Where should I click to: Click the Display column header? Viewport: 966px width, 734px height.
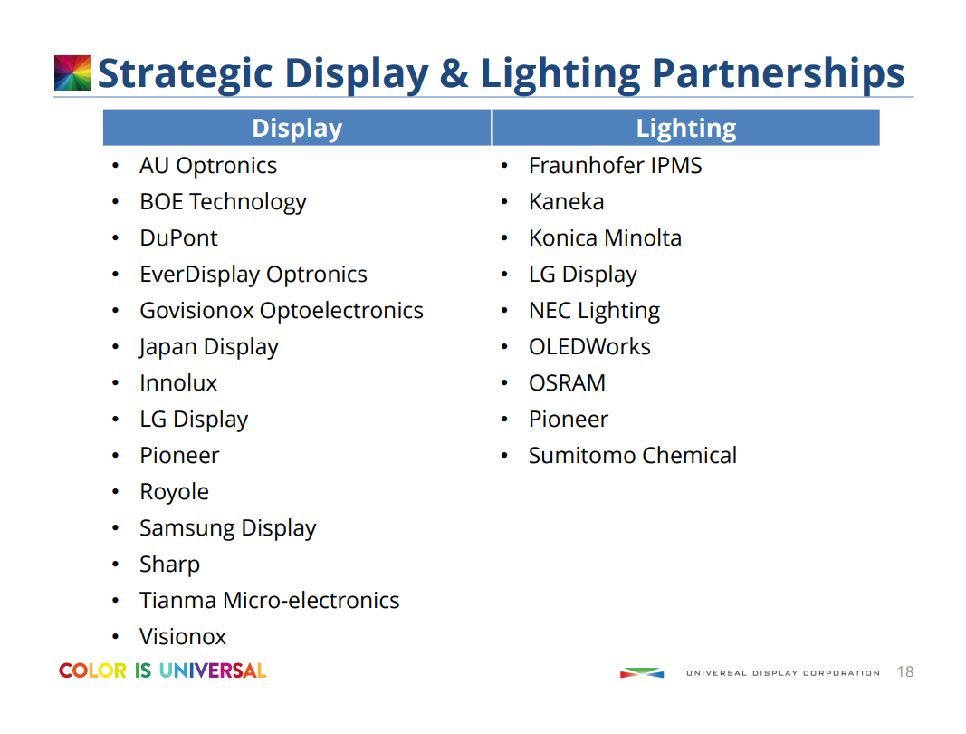tap(297, 128)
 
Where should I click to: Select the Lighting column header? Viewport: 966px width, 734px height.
tap(685, 128)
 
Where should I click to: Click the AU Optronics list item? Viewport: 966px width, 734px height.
tap(208, 166)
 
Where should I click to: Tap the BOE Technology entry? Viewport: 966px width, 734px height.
tap(223, 202)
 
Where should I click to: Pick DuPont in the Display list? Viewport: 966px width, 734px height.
tap(178, 238)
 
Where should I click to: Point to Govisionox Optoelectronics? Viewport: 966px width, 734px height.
tap(281, 311)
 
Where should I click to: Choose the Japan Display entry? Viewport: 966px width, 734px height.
tap(208, 347)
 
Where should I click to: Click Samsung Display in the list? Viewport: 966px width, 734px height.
tap(227, 528)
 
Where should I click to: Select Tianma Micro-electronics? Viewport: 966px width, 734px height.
tap(269, 601)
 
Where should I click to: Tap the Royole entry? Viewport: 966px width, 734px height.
tap(174, 492)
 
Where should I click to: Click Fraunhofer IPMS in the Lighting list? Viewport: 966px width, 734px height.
tap(615, 166)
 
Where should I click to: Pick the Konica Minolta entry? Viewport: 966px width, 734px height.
tap(605, 238)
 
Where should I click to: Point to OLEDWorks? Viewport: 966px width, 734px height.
tap(589, 347)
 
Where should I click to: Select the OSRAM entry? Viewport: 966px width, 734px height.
tap(567, 383)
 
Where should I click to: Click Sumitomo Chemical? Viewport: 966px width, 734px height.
tap(632, 456)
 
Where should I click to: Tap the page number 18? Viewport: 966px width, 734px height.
tap(904, 672)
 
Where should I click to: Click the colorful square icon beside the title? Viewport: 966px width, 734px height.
tap(72, 72)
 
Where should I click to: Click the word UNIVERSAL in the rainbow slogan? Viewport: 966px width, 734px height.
tap(213, 671)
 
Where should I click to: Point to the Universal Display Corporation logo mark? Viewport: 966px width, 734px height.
tap(641, 672)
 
